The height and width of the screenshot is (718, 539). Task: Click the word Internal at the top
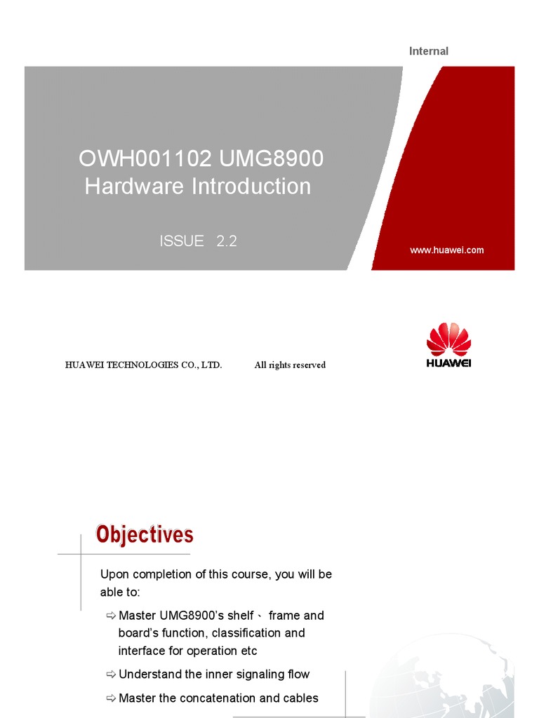[428, 51]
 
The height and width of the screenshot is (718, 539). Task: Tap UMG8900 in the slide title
[271, 159]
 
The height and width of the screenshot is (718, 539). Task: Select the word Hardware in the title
[134, 187]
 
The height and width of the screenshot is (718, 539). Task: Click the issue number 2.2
[227, 241]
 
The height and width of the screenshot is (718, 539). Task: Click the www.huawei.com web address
[446, 250]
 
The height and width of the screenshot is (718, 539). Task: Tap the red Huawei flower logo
[449, 339]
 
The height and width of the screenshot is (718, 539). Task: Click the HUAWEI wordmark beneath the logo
[449, 363]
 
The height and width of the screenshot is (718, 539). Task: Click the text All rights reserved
[290, 365]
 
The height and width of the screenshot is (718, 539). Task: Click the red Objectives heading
[145, 535]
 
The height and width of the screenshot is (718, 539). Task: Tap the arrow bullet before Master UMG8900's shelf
[111, 616]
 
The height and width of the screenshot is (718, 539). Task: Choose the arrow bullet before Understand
[111, 675]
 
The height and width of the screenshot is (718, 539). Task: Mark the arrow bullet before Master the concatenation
[111, 698]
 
